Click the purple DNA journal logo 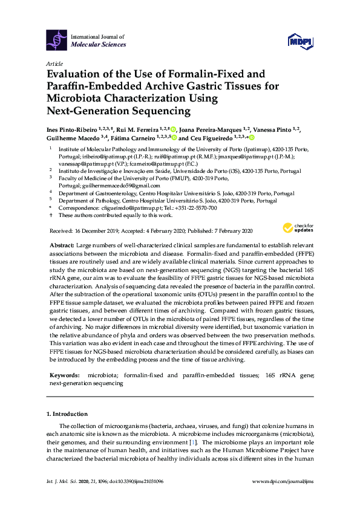[x=57, y=40]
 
